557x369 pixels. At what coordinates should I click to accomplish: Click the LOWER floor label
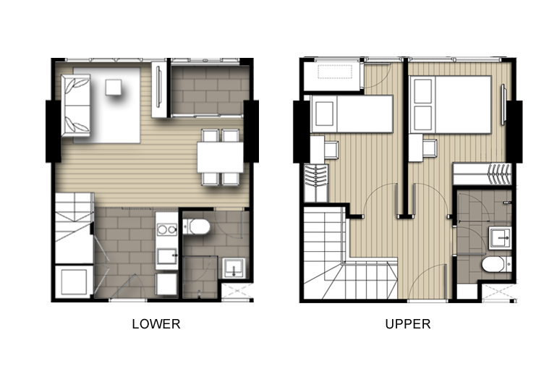[x=156, y=324]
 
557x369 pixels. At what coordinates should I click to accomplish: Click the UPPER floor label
[x=408, y=324]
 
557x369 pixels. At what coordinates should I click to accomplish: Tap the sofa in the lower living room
[x=75, y=106]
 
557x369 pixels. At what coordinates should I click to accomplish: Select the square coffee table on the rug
[x=114, y=88]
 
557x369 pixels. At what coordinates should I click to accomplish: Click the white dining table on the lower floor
[x=220, y=157]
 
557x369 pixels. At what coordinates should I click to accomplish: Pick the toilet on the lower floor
[x=196, y=227]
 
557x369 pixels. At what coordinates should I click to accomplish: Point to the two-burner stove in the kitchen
[x=167, y=230]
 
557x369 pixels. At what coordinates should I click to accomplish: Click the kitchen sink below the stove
[x=167, y=256]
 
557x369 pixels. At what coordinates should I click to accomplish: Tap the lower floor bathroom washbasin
[x=234, y=268]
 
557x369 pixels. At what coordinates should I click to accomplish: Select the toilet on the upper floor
[x=496, y=264]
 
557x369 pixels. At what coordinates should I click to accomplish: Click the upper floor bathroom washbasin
[x=500, y=238]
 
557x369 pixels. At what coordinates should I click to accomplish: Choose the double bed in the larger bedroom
[x=451, y=105]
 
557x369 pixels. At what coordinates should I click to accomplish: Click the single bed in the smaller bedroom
[x=352, y=114]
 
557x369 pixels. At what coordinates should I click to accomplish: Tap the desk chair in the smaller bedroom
[x=332, y=150]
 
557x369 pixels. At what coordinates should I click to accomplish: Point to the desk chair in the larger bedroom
[x=430, y=148]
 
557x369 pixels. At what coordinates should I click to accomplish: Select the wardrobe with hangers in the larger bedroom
[x=482, y=174]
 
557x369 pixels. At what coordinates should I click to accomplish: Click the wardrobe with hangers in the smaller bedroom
[x=316, y=183]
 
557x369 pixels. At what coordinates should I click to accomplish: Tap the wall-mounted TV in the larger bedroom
[x=503, y=105]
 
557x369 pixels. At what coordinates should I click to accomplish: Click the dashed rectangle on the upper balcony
[x=335, y=72]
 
